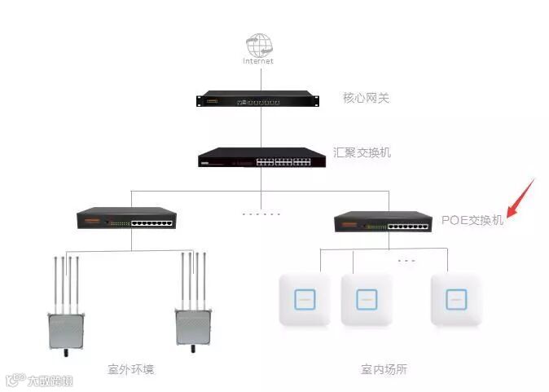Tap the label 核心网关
pyautogui.click(x=367, y=99)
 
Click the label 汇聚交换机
pyautogui.click(x=362, y=152)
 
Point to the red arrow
pyautogui.click(x=518, y=201)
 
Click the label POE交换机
pyautogui.click(x=472, y=220)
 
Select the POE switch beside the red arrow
pyautogui.click(x=384, y=221)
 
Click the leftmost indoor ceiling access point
pyautogui.click(x=305, y=300)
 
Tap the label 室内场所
pyautogui.click(x=384, y=369)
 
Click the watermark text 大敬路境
pyautogui.click(x=50, y=380)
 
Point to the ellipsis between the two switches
pyautogui.click(x=261, y=214)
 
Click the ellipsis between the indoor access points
pyautogui.click(x=406, y=262)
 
